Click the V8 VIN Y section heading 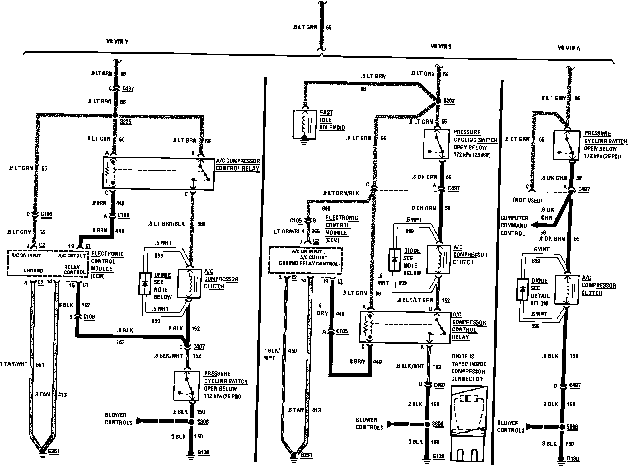[x=117, y=41]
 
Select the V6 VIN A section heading [x=569, y=48]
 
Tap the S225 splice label [x=126, y=122]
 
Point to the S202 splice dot [x=438, y=101]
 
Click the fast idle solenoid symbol [x=304, y=124]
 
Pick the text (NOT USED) [x=527, y=200]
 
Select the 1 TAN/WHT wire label [x=14, y=364]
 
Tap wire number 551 [x=40, y=364]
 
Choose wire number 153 [x=437, y=367]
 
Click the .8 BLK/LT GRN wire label [x=415, y=300]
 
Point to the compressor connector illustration [x=469, y=423]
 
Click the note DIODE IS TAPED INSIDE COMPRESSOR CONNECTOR [x=469, y=368]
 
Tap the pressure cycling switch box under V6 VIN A [x=566, y=145]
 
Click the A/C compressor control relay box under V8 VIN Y [x=158, y=173]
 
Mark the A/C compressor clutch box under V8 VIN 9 [x=438, y=259]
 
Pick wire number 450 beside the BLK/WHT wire [x=293, y=351]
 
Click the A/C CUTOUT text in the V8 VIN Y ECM [x=72, y=256]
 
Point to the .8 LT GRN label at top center [x=305, y=27]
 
